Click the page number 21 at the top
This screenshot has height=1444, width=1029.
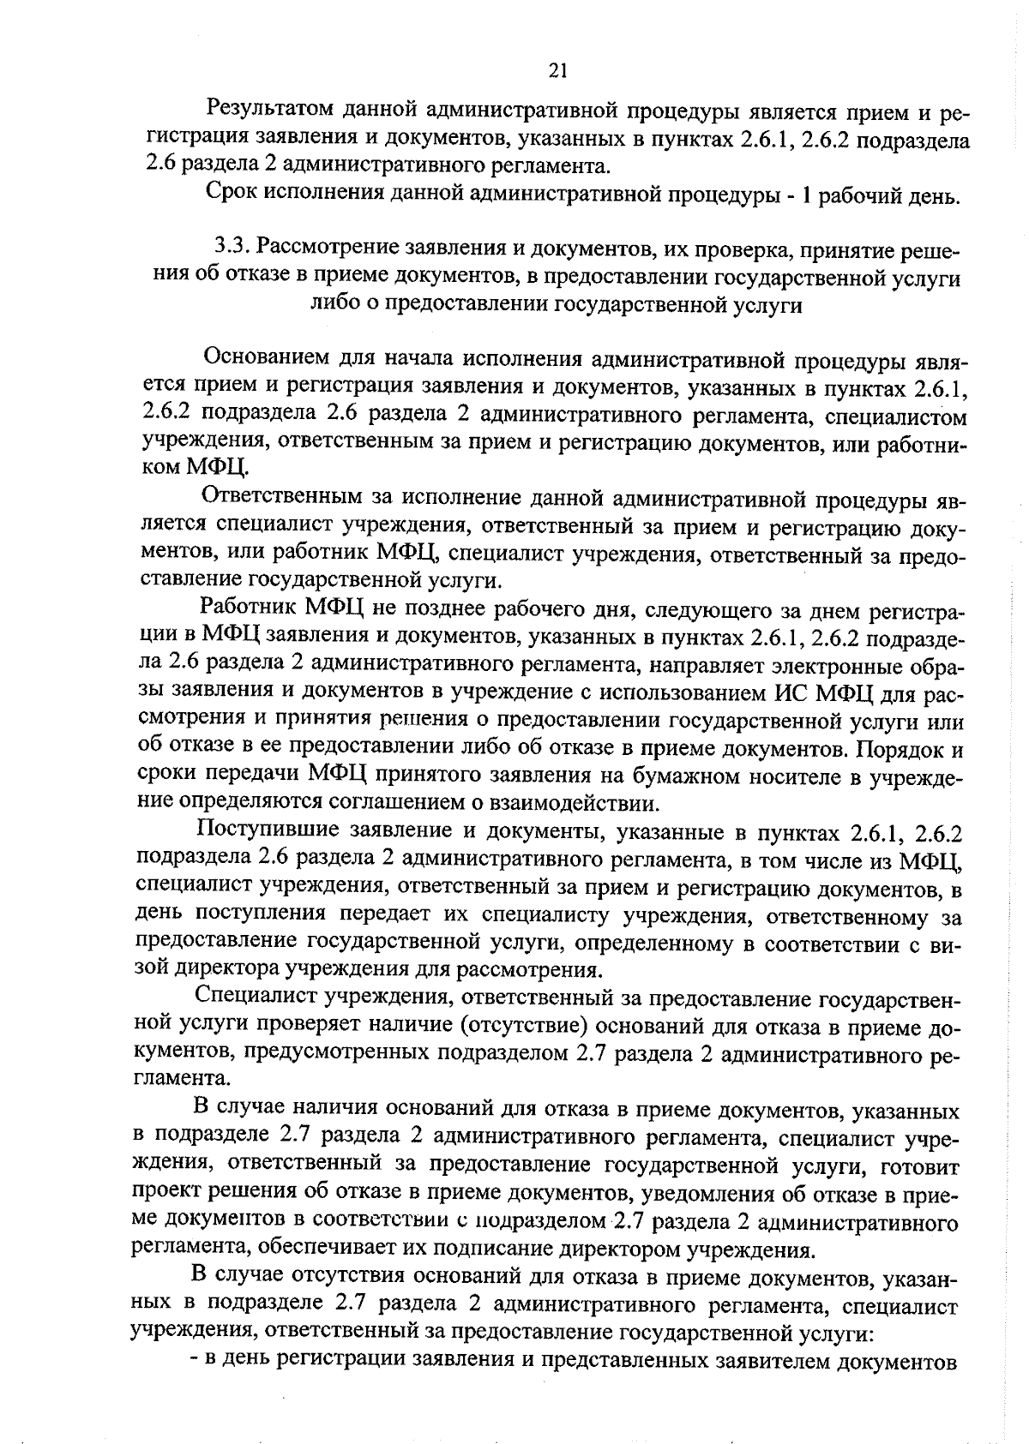coord(557,72)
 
